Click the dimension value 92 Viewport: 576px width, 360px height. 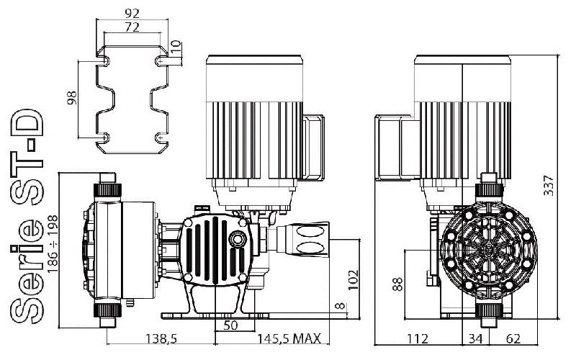click(x=132, y=12)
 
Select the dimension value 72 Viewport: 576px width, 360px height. click(x=132, y=27)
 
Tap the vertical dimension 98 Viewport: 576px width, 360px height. click(x=71, y=98)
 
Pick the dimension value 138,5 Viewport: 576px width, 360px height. click(x=161, y=339)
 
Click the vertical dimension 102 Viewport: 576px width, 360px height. click(x=352, y=279)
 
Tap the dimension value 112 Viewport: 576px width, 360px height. click(x=418, y=339)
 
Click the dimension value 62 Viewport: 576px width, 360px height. click(x=512, y=339)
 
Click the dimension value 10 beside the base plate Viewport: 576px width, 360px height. click(x=175, y=48)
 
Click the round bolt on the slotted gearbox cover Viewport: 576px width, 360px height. click(x=234, y=239)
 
